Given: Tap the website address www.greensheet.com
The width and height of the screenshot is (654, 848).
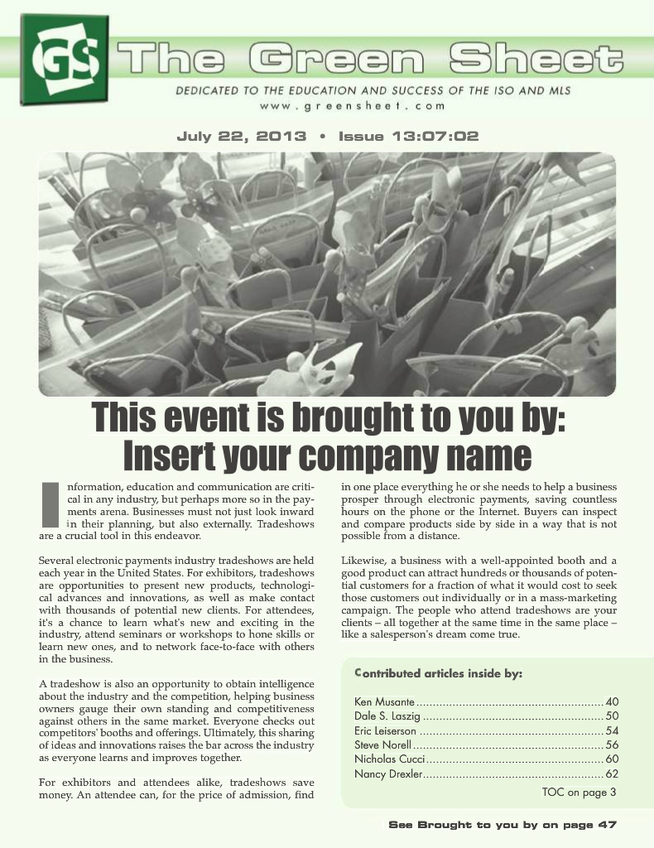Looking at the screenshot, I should (x=353, y=106).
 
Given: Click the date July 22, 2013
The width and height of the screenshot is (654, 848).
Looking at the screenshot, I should (x=241, y=137).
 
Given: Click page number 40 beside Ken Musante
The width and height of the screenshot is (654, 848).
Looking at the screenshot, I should (x=613, y=702).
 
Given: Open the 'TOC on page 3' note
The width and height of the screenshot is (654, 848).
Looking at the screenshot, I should (x=579, y=793).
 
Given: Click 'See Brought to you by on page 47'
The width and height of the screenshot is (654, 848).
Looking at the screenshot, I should (x=503, y=825).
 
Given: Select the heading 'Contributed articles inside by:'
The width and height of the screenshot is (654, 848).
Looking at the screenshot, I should (x=438, y=673).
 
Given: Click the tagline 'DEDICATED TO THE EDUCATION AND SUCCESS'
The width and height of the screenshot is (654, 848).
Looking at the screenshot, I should (x=373, y=90).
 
